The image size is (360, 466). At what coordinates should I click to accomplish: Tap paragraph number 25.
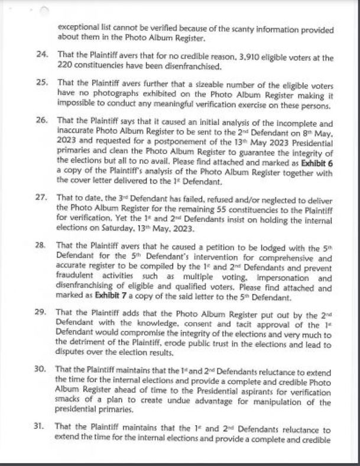point(41,80)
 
